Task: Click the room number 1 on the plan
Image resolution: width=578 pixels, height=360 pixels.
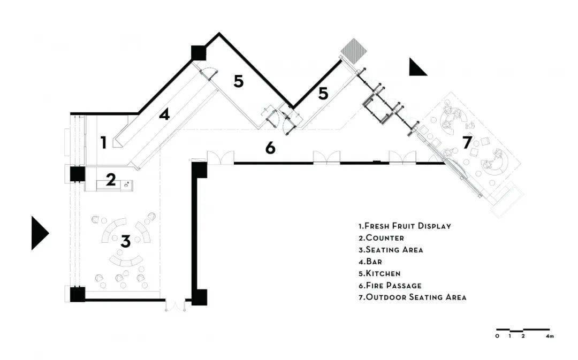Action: (104, 143)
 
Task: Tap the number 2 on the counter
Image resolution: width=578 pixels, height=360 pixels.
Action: (111, 179)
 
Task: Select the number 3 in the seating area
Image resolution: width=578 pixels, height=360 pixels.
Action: (126, 242)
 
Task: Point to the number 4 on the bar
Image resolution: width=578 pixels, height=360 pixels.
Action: (164, 114)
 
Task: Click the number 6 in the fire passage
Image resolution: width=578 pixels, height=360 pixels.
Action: (270, 148)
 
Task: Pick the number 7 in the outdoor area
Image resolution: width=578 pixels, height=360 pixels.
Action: (467, 142)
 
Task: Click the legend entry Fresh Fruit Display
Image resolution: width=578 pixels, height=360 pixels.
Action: (405, 226)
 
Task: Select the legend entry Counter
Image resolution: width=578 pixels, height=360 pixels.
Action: (381, 238)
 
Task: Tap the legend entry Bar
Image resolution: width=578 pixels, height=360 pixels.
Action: (370, 262)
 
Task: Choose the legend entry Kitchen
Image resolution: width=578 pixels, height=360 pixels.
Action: (379, 273)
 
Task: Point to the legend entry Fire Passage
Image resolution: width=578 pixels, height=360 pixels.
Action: (390, 285)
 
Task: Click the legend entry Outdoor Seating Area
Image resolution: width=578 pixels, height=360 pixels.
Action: (413, 297)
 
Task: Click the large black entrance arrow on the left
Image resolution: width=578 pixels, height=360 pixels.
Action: (39, 233)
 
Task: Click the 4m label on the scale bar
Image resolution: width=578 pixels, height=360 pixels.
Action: (550, 336)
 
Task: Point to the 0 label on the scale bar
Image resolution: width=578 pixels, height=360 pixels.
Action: (497, 336)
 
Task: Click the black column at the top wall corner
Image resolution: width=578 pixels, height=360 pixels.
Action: (199, 53)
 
